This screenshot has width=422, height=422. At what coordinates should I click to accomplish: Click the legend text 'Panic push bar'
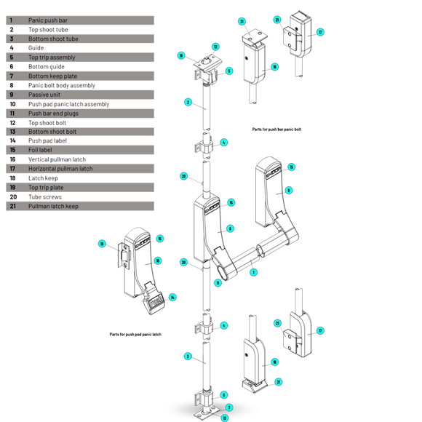(48, 20)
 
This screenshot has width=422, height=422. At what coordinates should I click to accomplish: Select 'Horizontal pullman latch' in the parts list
(60, 169)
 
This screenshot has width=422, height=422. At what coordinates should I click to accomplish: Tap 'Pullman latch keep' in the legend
(53, 206)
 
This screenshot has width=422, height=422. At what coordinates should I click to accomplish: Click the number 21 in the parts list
(12, 206)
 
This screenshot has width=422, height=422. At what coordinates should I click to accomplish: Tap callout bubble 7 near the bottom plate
(228, 407)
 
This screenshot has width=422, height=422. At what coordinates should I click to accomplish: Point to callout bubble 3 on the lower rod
(187, 356)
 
